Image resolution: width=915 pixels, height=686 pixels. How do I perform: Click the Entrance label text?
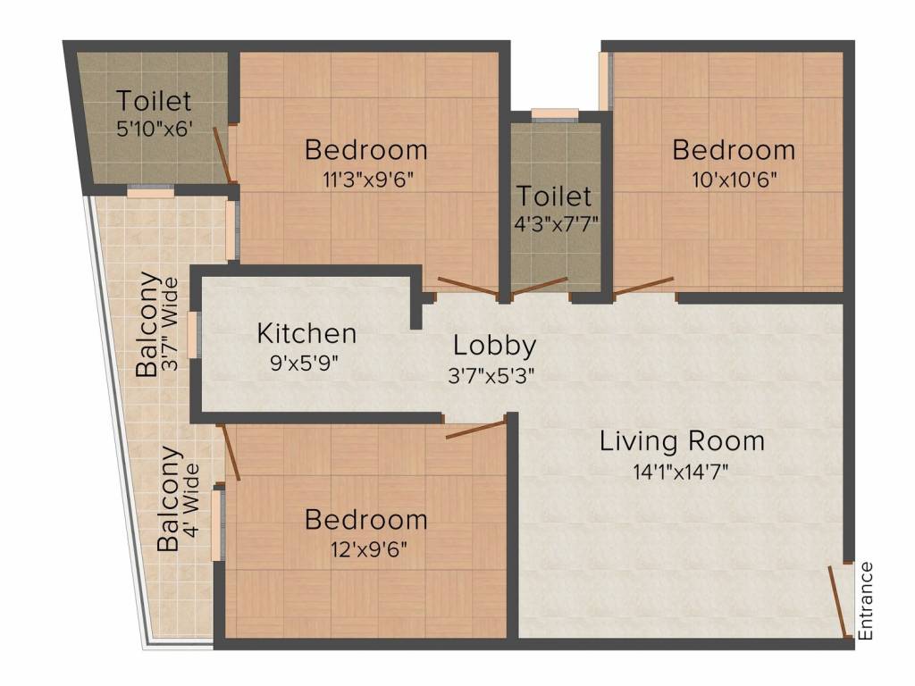point(864,601)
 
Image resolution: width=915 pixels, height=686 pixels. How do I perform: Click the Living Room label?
point(682,441)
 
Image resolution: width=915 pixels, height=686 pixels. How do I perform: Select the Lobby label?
point(494,346)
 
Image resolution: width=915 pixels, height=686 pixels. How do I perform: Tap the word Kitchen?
point(307,334)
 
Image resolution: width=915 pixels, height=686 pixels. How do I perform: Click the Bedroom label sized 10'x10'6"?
point(734,149)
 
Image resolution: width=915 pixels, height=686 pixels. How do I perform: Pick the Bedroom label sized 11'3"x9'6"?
point(365,149)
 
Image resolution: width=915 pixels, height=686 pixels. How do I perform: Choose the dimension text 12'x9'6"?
point(365,549)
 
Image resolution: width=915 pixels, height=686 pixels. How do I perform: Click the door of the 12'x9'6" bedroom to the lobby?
point(474,430)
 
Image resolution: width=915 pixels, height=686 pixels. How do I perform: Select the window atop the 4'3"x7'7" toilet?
point(554,113)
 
